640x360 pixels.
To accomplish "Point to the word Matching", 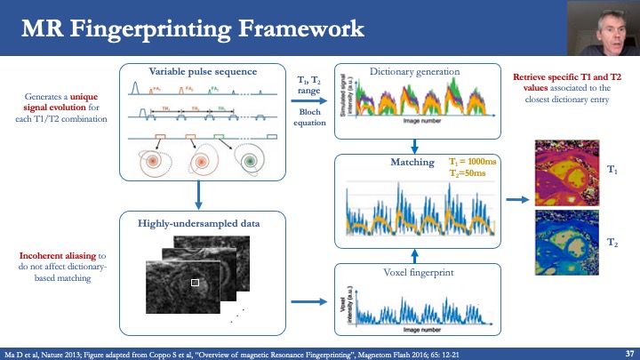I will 412,163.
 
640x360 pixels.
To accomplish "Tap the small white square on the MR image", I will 196,283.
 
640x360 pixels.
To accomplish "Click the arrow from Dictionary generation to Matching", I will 412,146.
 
